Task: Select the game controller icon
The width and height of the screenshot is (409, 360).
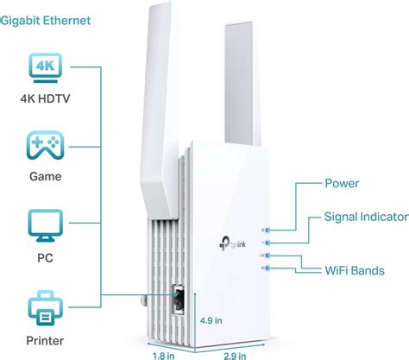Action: coord(46,146)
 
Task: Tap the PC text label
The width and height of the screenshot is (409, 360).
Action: coord(46,256)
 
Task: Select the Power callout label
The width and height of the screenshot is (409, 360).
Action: coord(343,183)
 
